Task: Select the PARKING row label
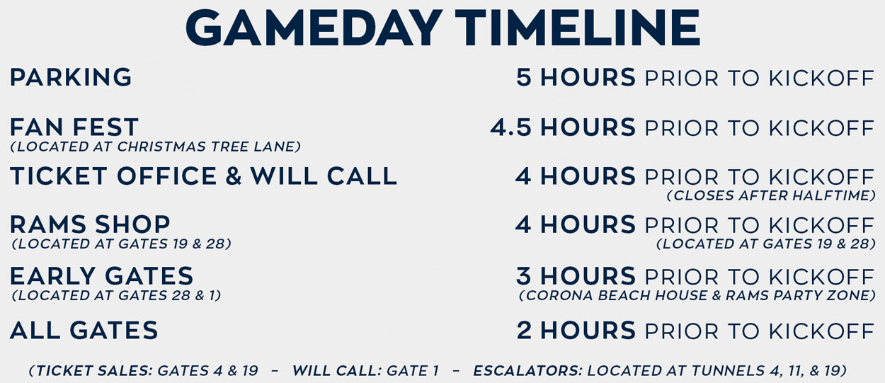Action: [71, 78]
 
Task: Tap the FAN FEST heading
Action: [74, 127]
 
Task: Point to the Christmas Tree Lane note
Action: [156, 147]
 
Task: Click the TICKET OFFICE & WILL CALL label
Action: [203, 176]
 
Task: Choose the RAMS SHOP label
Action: [90, 225]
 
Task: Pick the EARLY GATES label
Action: [101, 276]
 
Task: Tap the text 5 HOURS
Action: [576, 78]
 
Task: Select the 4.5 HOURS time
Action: [563, 127]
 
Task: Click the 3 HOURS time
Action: [576, 276]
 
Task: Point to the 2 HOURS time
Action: [576, 331]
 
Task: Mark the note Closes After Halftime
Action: [771, 195]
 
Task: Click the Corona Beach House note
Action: [697, 295]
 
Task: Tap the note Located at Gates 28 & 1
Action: [117, 295]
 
